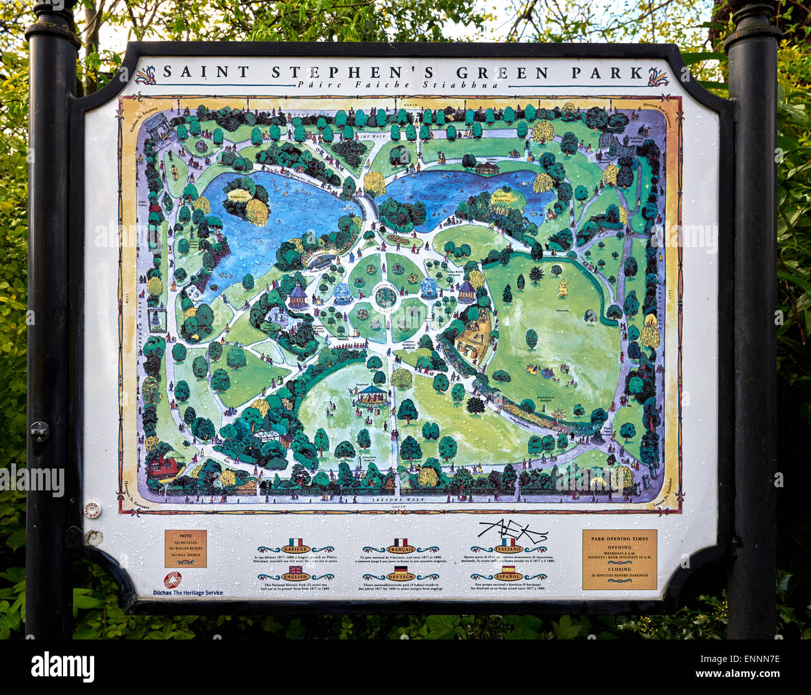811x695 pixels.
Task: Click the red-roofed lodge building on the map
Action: (x=163, y=465)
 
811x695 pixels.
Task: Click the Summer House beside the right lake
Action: (x=487, y=167)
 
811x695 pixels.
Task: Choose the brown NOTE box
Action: (x=185, y=549)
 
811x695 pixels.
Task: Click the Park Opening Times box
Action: (x=619, y=560)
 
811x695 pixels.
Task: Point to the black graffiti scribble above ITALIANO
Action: (x=512, y=531)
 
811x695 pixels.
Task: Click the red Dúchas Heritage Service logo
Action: (x=172, y=580)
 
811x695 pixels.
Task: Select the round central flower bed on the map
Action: (x=386, y=298)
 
